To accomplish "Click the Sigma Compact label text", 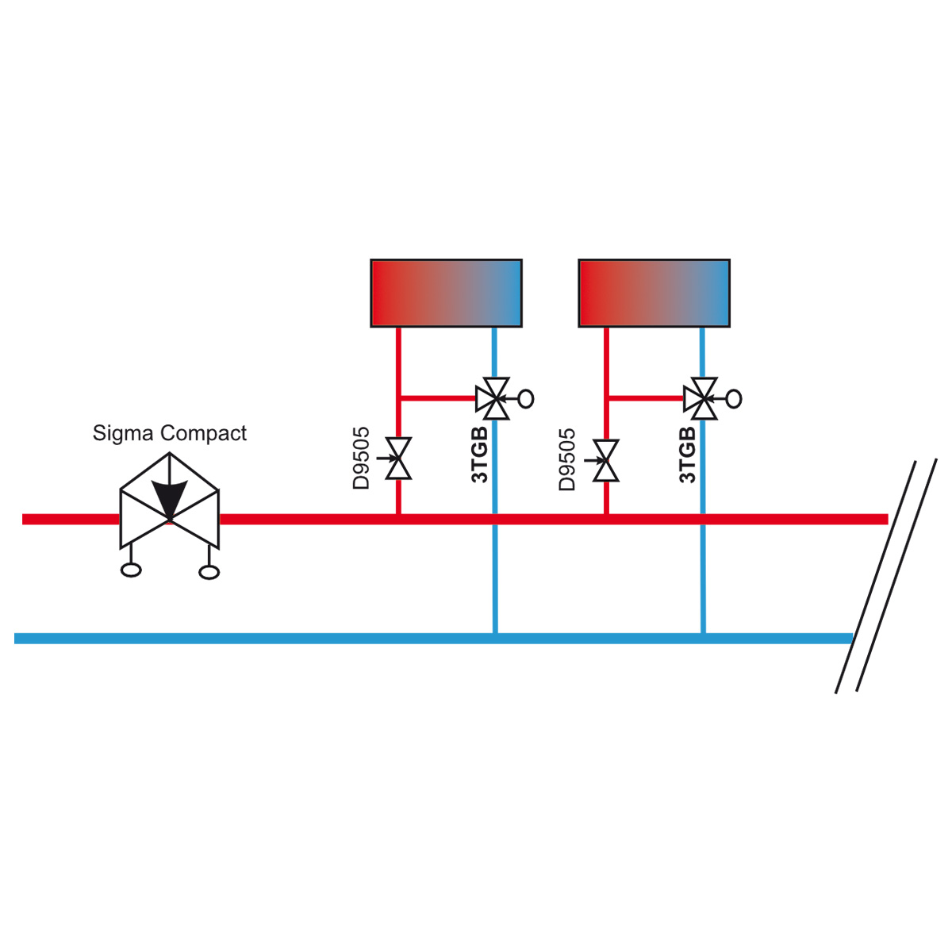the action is click(x=170, y=434).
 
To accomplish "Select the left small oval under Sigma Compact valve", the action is click(x=131, y=570).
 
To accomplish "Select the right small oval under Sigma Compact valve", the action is click(x=209, y=572).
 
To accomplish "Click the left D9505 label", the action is click(x=361, y=458).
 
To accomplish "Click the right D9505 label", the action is click(x=567, y=459).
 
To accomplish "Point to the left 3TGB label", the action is click(x=480, y=455).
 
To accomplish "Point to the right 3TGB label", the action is click(x=688, y=455).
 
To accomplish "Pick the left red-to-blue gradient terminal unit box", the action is click(x=446, y=293).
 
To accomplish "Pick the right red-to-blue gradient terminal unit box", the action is click(x=654, y=293).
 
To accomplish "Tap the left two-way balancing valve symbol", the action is click(x=398, y=459).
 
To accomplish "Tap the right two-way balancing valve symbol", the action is click(x=605, y=460).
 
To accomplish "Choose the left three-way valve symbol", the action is click(x=495, y=399).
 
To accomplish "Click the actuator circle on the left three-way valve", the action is click(x=526, y=399).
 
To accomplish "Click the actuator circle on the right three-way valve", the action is click(x=734, y=399).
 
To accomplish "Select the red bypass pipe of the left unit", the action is click(x=438, y=397).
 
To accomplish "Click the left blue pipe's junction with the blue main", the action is click(x=495, y=639).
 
